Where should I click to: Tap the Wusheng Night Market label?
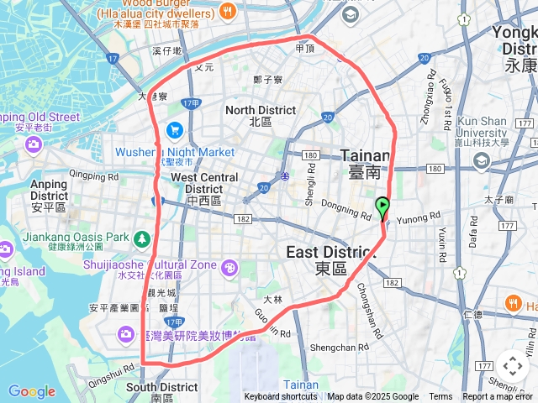coord(175,152)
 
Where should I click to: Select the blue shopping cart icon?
coord(175,129)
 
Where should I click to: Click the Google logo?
coord(31,391)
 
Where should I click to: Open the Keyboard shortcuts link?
coord(281,397)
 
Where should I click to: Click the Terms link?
coord(440,397)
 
